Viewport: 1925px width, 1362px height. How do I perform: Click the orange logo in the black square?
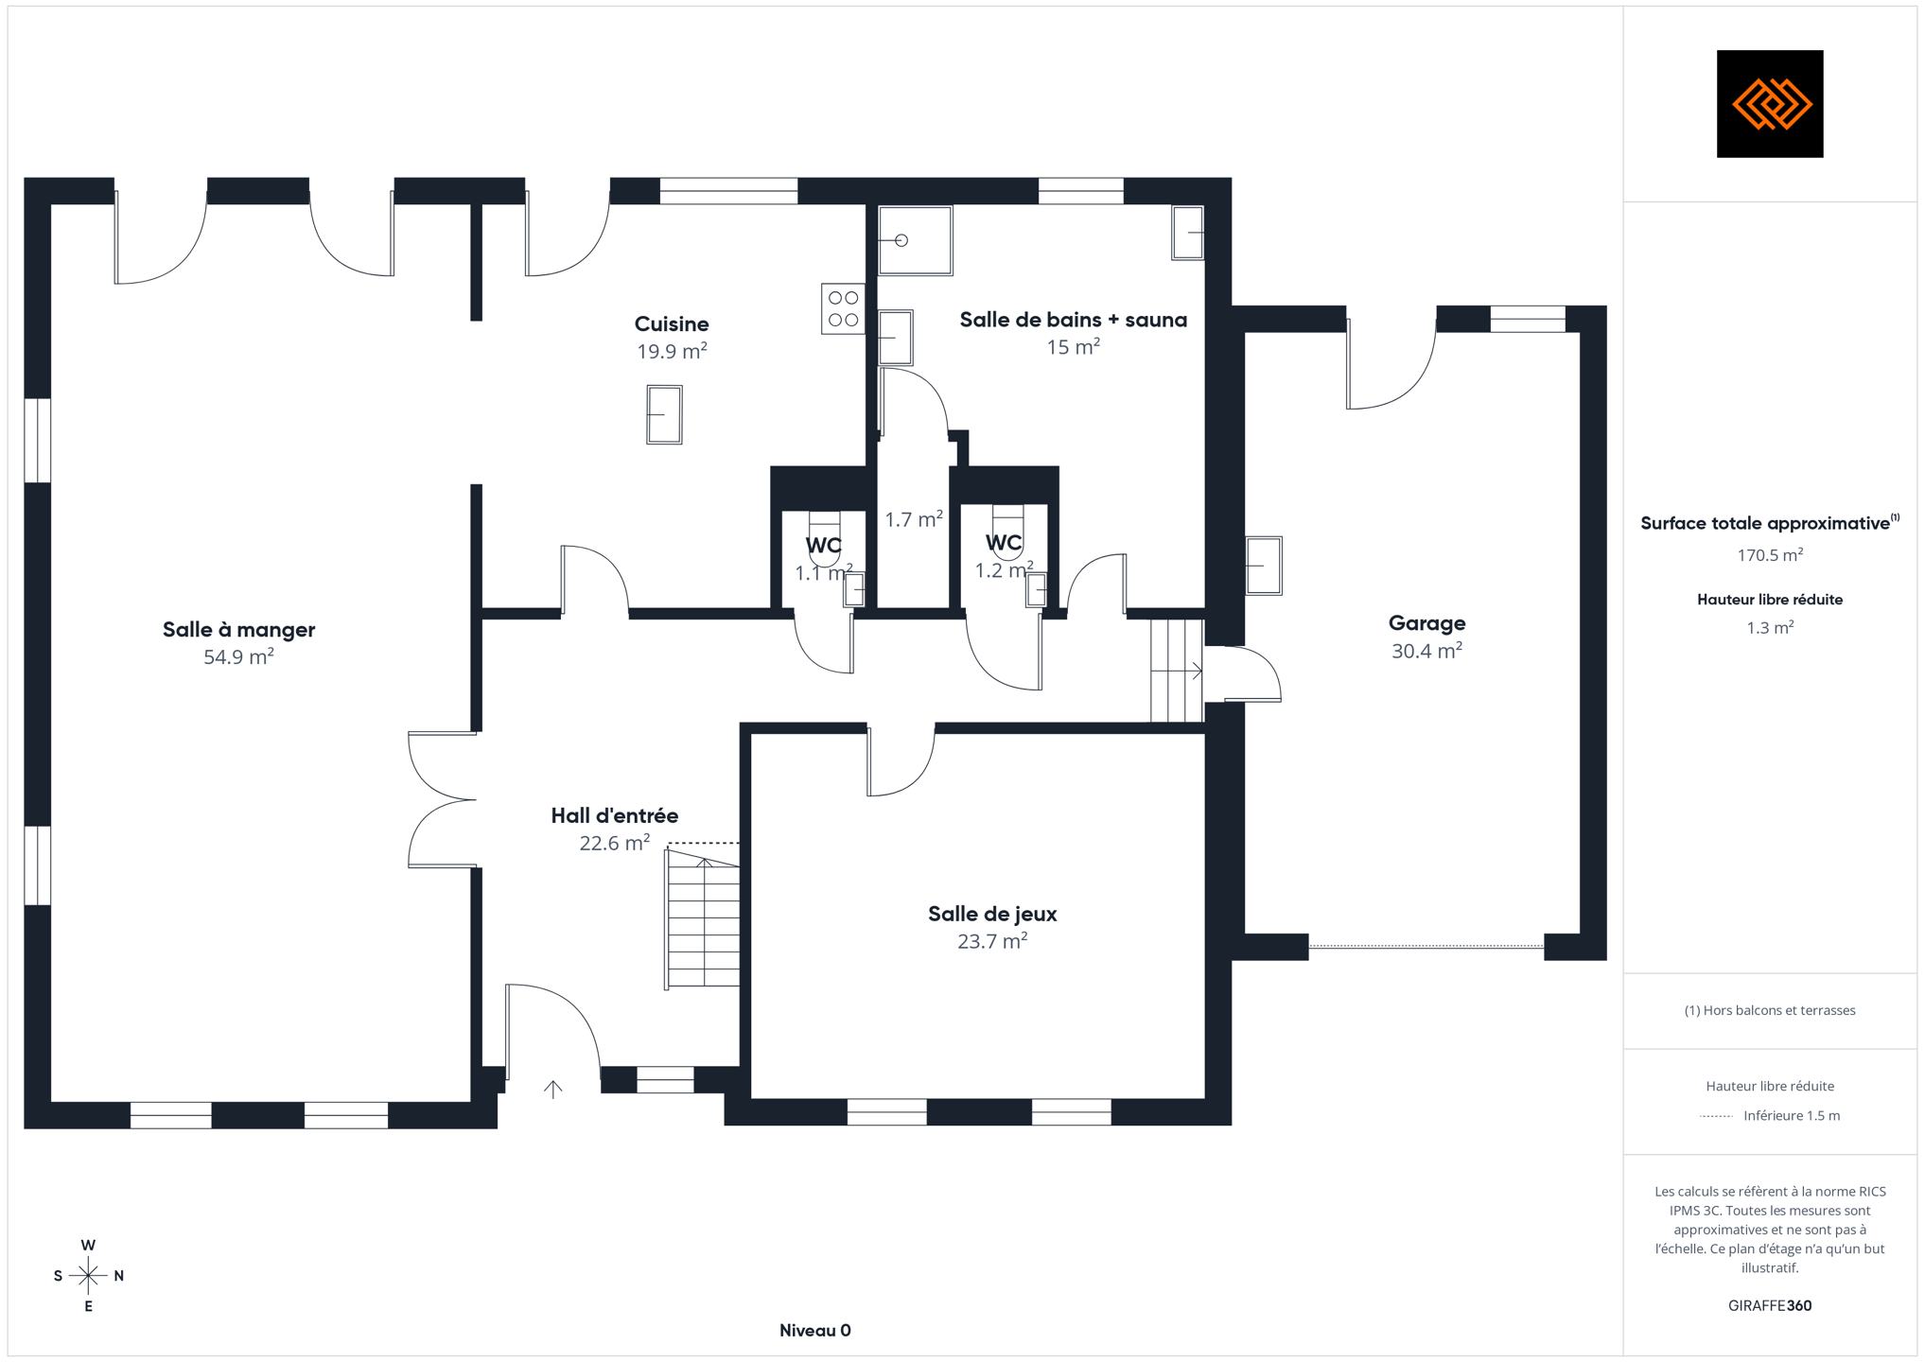tap(1770, 104)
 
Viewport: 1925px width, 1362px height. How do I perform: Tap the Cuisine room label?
tap(672, 324)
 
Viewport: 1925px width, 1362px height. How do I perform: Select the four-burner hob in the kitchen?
tap(843, 308)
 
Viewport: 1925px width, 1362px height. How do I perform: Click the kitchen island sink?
tap(664, 414)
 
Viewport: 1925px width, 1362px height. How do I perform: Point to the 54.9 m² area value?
tap(238, 656)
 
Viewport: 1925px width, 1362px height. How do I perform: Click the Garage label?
tap(1426, 623)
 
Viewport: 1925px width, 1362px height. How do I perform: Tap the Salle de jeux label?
tap(992, 914)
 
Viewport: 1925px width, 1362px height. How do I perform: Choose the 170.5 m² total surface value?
tap(1770, 555)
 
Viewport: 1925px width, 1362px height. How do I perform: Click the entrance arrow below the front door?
tap(553, 1089)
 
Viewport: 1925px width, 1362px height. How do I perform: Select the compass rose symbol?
tap(88, 1276)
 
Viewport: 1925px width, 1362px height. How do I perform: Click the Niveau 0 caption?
tap(815, 1331)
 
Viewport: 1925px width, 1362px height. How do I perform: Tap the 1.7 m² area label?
tap(914, 519)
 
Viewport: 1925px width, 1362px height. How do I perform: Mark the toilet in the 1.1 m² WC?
tap(824, 539)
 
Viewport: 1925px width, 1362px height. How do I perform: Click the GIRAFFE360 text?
tap(1770, 1305)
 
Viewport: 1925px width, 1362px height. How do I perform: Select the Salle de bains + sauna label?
tap(1073, 320)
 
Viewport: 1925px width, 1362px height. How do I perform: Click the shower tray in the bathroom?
tap(915, 240)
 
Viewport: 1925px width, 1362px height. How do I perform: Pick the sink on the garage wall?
tap(1263, 566)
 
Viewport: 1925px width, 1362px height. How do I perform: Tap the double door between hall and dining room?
tap(442, 799)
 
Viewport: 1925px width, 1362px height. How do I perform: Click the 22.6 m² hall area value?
tap(615, 843)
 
